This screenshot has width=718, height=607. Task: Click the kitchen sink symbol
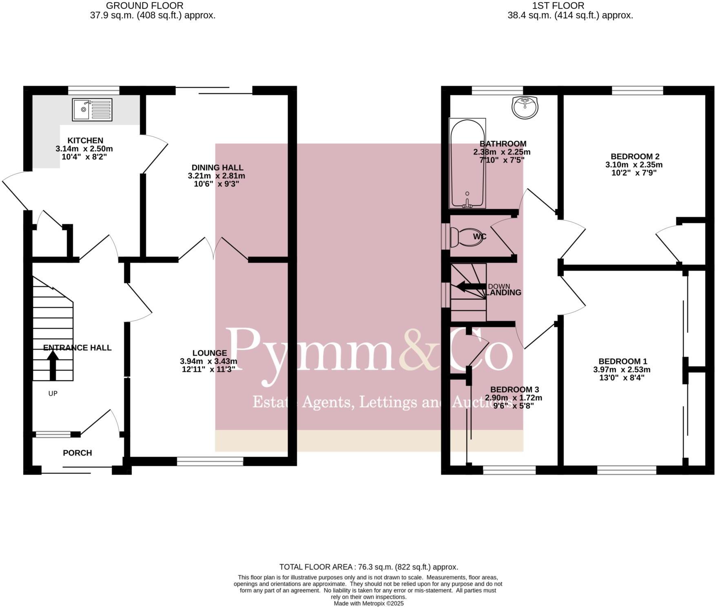tap(92, 109)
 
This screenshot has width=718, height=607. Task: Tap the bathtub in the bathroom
tap(468, 163)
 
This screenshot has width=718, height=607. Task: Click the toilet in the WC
tap(467, 237)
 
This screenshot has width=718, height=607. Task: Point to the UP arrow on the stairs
tap(53, 365)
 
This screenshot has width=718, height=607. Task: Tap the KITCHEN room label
tap(85, 140)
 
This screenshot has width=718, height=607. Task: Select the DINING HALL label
tap(217, 167)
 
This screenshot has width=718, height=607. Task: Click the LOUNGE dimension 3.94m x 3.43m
tap(208, 361)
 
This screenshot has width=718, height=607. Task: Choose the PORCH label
tap(77, 453)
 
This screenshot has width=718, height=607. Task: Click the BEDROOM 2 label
tap(635, 156)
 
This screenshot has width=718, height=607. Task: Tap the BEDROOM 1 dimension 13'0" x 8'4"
tap(622, 378)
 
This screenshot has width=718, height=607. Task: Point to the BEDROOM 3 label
tap(514, 390)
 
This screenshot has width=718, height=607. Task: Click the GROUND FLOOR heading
tap(144, 6)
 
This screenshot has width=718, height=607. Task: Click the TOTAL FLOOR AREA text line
tap(368, 567)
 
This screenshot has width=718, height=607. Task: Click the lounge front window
tap(210, 461)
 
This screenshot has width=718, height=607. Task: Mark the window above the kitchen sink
tap(93, 90)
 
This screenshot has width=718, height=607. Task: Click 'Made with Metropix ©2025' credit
tap(368, 603)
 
